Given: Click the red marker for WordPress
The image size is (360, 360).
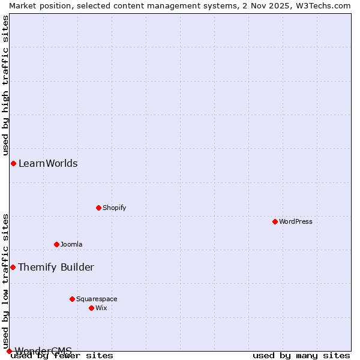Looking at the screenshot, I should [x=275, y=221].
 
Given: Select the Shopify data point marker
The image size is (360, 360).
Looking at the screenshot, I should [x=98, y=208].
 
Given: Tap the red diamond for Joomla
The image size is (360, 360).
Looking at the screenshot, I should [x=56, y=244].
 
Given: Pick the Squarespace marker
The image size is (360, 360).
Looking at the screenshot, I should [x=72, y=299].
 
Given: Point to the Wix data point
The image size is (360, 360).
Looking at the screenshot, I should [x=91, y=308].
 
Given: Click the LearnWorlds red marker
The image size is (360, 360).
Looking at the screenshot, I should [x=13, y=163].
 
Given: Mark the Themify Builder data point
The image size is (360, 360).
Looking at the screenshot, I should [x=13, y=267].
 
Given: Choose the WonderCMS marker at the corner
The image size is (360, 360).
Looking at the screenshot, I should [x=9, y=351].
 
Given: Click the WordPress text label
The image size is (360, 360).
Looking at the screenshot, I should [x=296, y=221].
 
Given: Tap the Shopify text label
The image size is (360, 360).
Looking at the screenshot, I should [x=114, y=208].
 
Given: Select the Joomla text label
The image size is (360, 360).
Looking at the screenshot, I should [x=71, y=244].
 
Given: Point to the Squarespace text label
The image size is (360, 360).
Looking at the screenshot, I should [x=97, y=299].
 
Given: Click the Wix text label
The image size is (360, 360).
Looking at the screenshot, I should [x=101, y=308].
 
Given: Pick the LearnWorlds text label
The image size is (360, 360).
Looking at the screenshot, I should [x=48, y=163].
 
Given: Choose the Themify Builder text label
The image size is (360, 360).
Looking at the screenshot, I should [x=56, y=267].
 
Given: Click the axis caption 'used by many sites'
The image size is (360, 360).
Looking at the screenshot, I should [x=301, y=355].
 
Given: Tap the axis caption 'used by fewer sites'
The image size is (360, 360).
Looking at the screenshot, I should [x=62, y=355].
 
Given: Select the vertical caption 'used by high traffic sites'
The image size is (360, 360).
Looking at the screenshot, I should [x=5, y=83].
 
